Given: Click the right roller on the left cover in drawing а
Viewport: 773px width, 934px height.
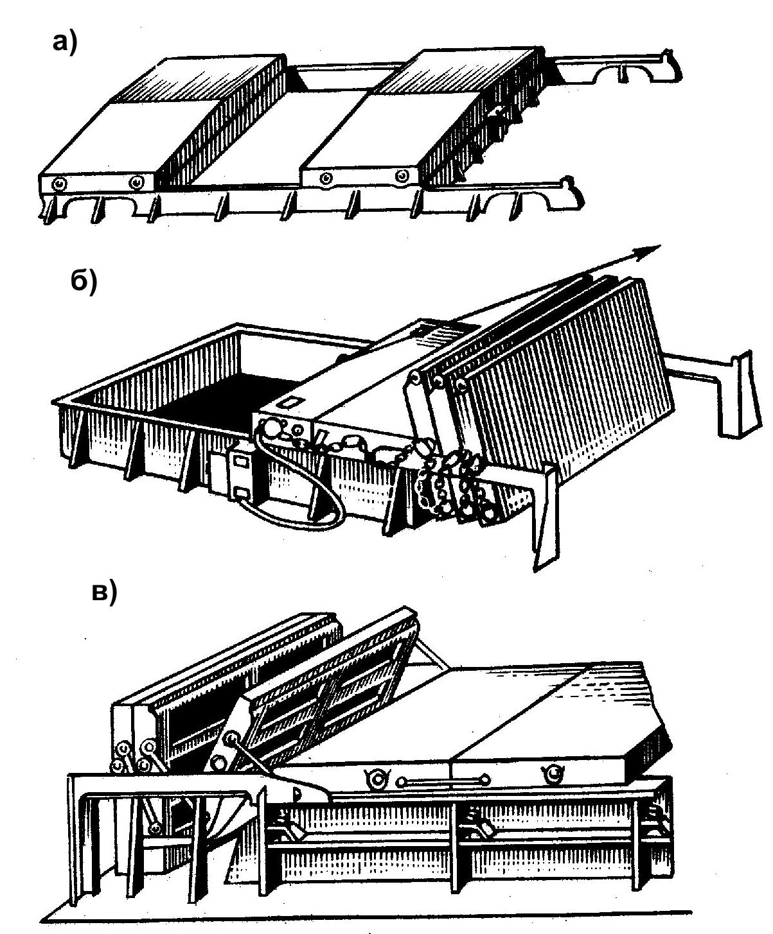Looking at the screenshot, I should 136,184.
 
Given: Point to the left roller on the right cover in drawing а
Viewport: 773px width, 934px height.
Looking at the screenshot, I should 327,177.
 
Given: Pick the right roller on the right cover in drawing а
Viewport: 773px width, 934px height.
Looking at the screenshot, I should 402,176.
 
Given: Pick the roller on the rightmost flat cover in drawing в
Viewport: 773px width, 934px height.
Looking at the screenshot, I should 553,775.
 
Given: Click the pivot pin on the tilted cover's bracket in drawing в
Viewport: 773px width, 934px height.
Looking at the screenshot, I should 218,763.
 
